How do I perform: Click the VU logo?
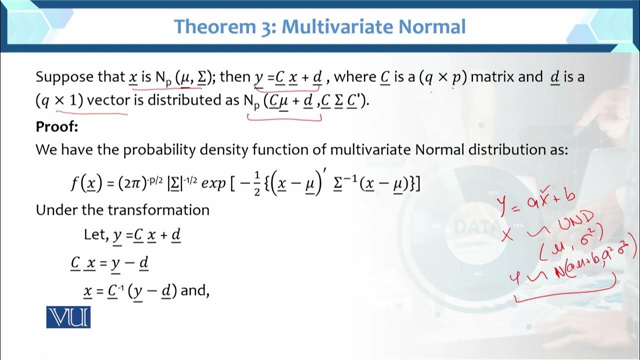[x=68, y=317]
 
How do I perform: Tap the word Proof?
[x=57, y=127]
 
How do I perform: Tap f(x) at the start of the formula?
[x=83, y=185]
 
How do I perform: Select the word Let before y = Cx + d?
[x=95, y=234]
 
